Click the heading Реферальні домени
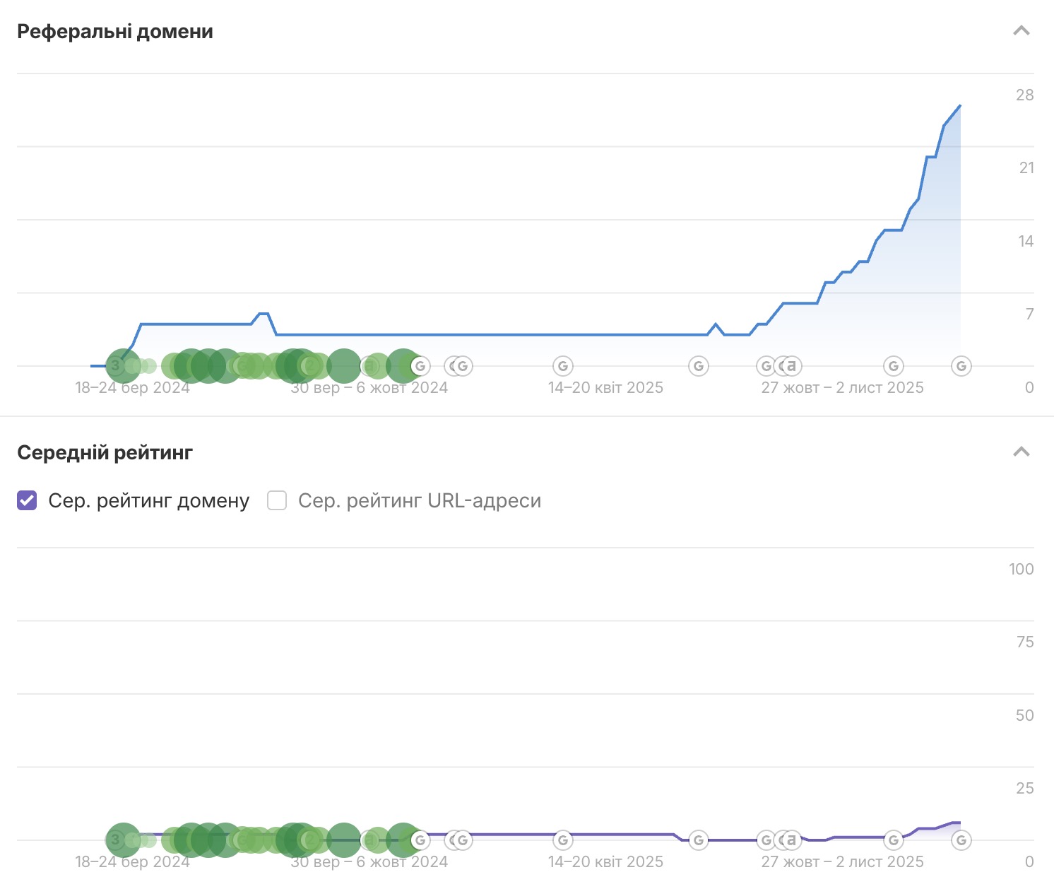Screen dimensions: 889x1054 (115, 32)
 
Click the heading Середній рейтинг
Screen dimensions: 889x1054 (105, 453)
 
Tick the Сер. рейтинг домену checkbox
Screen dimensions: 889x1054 (27, 501)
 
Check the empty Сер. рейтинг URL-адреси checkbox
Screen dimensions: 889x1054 (277, 501)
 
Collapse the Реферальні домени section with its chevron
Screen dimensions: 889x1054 (1022, 31)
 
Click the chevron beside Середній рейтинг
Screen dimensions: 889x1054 (1022, 452)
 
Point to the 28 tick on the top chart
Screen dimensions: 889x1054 (1024, 95)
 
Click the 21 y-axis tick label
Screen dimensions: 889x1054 (1026, 168)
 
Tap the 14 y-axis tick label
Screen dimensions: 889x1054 (1026, 242)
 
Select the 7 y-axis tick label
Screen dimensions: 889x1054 (1029, 314)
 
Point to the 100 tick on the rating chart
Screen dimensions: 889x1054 (1021, 570)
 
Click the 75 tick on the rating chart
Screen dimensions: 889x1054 (1024, 642)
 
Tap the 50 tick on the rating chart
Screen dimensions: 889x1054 (1024, 716)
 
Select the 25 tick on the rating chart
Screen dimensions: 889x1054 (1024, 789)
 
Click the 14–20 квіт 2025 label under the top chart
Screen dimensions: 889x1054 (605, 388)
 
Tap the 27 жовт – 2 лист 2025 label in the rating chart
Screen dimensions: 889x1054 (842, 862)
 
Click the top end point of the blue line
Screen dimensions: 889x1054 (960, 105)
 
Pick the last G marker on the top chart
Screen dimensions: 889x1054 (961, 366)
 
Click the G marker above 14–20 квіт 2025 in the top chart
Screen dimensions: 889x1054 (563, 366)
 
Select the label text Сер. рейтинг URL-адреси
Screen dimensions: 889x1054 (420, 501)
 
